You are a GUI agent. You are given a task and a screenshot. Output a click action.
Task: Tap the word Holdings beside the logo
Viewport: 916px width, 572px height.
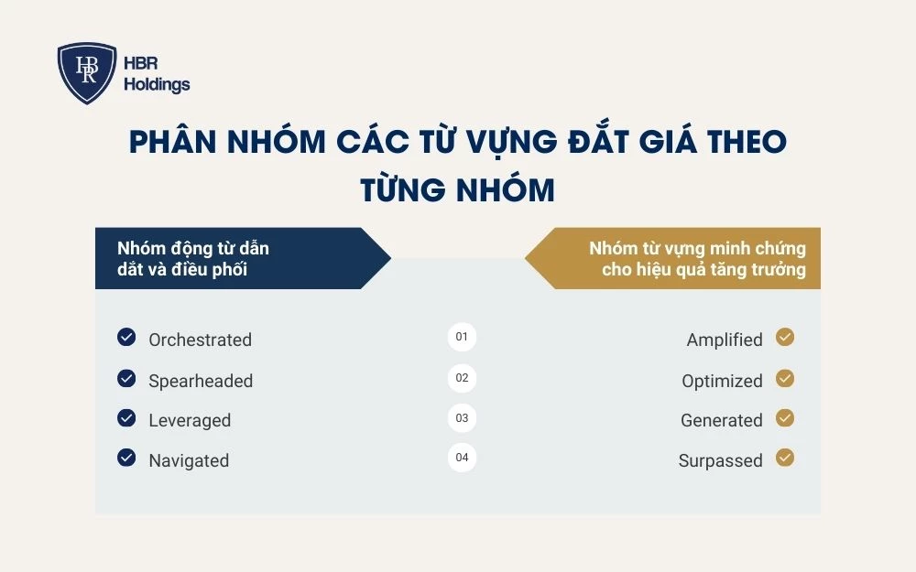coord(157,85)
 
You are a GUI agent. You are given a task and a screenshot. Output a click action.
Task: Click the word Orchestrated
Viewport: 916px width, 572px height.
coord(200,340)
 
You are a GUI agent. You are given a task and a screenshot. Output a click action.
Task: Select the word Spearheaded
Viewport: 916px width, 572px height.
coord(201,381)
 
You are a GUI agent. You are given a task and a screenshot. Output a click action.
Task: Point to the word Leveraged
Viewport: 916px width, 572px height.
coord(190,421)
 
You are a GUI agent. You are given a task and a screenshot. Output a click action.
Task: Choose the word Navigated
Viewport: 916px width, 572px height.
coord(189,461)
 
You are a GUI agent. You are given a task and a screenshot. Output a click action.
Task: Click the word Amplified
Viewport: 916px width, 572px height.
coord(725,340)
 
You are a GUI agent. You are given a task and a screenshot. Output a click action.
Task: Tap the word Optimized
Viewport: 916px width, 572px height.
coord(722,381)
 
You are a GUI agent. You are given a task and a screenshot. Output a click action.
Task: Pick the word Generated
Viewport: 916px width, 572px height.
coord(722,421)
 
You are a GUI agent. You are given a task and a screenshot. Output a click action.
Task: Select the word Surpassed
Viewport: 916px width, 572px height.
coord(721,461)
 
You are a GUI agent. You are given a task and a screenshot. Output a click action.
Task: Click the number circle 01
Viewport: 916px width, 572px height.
coord(462,337)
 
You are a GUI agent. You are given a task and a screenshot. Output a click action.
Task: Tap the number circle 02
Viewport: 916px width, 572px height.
coord(462,377)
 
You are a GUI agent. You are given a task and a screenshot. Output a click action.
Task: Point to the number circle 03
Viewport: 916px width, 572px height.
coord(462,417)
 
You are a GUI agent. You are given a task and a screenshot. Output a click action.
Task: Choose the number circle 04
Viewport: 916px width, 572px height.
coord(462,458)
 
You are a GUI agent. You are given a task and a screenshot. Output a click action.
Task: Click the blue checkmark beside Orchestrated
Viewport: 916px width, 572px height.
coord(126,337)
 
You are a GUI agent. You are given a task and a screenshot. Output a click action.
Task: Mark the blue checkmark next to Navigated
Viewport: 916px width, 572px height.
coord(126,458)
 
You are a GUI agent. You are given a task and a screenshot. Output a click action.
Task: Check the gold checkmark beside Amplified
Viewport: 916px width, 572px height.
coord(785,337)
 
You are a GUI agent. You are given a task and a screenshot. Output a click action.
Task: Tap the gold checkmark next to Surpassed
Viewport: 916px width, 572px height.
coord(785,458)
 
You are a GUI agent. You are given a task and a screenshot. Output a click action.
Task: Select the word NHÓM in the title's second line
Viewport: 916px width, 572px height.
coord(507,189)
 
